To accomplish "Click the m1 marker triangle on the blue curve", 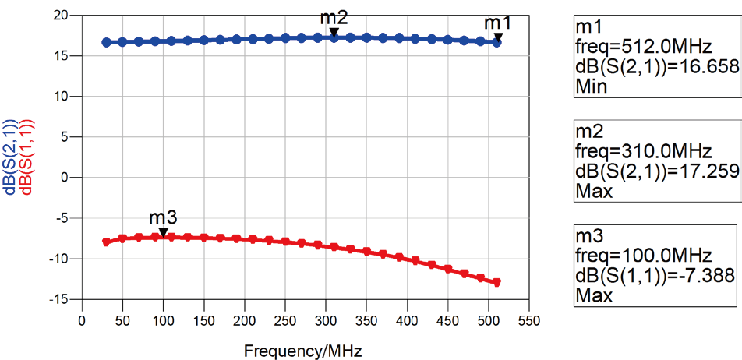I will pos(498,37).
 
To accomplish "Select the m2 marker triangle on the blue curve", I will pos(334,33).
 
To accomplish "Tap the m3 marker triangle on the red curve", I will pos(163,232).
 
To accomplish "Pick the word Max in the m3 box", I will pos(592,296).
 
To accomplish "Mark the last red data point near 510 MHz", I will pos(496,282).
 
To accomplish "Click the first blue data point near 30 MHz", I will pos(106,42).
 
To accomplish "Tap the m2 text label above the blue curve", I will pos(334,17).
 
